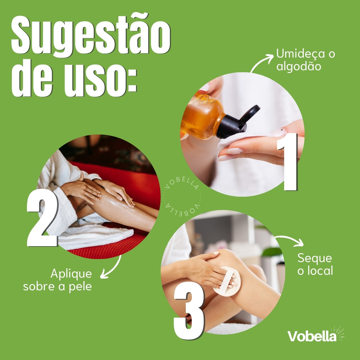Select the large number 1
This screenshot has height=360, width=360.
pos(288,162)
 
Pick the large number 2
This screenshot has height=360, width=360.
pos(43,218)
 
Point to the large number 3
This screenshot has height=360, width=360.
pos(189,311)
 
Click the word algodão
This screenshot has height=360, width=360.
pos(299,66)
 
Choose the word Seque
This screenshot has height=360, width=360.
pos(315,258)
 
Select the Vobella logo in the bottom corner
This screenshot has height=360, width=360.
pos(316,335)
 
